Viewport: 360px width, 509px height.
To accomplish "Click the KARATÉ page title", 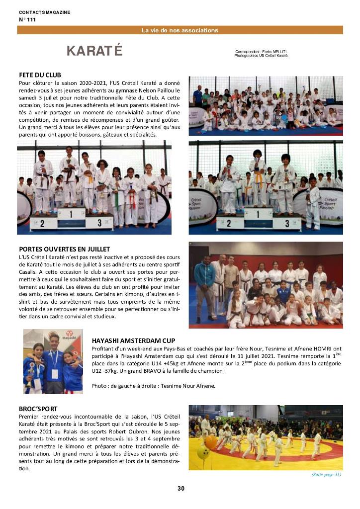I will [94, 51].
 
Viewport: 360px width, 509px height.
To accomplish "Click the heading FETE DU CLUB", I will [40, 75].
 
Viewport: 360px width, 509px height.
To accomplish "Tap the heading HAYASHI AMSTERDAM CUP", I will [133, 340].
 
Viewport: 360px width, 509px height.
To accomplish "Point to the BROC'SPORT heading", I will [38, 409].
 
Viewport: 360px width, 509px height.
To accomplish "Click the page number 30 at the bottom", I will [180, 488].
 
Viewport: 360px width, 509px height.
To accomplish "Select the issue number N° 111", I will [27, 19].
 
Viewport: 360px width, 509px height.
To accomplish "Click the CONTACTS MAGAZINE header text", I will [44, 12].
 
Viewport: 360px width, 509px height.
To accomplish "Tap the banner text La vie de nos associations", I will [180, 30].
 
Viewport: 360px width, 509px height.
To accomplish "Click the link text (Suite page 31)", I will [326, 475].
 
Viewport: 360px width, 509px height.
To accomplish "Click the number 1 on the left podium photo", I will [71, 215].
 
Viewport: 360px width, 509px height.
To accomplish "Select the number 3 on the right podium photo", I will [287, 222].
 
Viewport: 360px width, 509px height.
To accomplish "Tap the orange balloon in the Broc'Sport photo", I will [210, 442].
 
